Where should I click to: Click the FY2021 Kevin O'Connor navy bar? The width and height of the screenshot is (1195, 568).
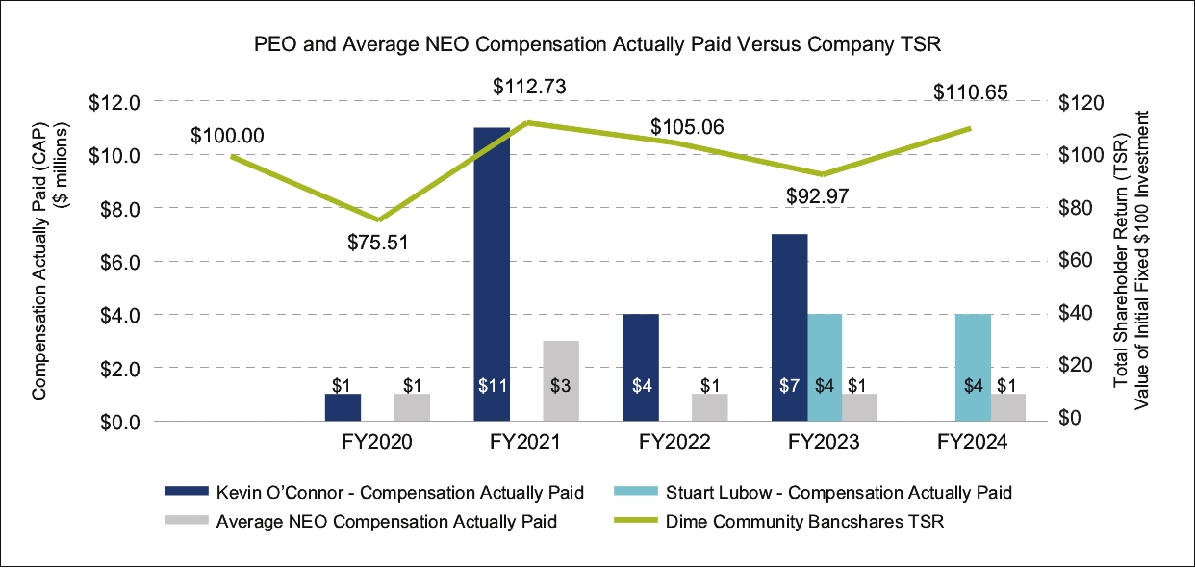pos(492,274)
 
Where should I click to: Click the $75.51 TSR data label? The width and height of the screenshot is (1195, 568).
pos(378,241)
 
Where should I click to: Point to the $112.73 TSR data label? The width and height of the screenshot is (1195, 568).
pos(528,87)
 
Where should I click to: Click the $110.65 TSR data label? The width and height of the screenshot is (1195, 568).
pos(970,92)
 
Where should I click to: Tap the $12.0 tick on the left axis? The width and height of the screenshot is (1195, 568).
pos(114,102)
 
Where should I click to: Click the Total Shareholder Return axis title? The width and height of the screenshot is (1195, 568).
pos(1131,260)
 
